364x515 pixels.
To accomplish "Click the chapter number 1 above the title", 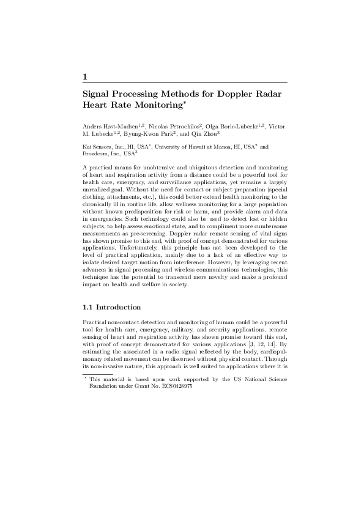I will pos(84,76).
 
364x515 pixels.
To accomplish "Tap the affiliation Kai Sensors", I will pos(98,147).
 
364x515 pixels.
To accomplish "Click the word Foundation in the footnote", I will pos(103,387).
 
